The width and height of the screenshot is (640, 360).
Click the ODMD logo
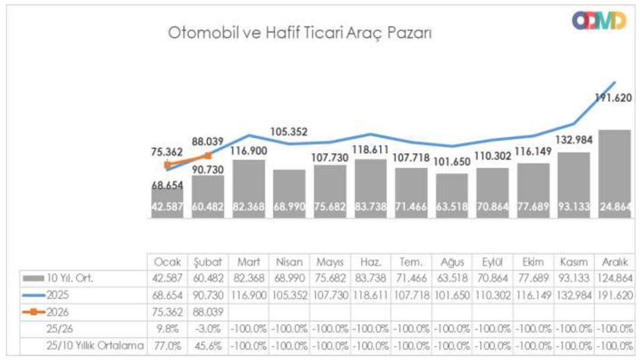[598, 21]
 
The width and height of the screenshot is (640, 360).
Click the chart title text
[300, 34]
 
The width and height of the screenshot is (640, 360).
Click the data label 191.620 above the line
[613, 98]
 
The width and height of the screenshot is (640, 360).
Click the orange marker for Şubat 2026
[209, 156]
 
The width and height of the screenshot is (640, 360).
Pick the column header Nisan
[289, 263]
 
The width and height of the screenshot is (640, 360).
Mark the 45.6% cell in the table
[209, 346]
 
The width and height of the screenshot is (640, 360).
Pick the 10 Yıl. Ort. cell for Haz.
[371, 277]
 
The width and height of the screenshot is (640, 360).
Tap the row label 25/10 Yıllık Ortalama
[94, 346]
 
